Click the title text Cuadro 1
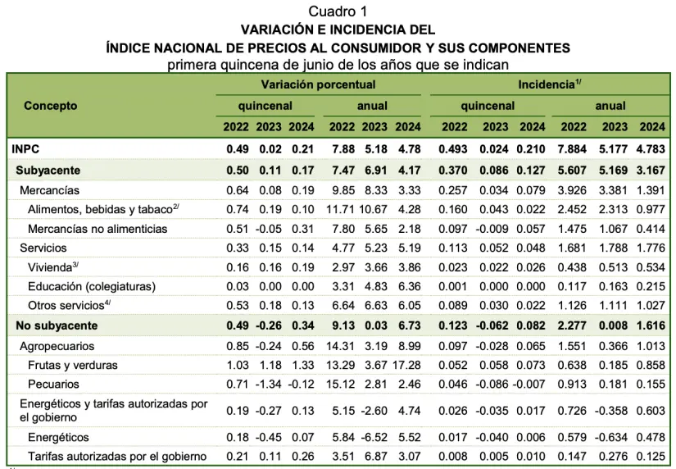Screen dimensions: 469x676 [338, 11]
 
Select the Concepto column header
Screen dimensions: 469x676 [51, 106]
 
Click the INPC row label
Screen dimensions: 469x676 [25, 149]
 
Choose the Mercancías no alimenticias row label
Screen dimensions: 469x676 [98, 229]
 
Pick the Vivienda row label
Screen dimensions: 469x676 [52, 266]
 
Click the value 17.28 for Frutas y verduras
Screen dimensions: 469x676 [406, 364]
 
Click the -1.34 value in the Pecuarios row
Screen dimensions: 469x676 [268, 384]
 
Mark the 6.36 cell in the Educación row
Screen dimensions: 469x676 [408, 286]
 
